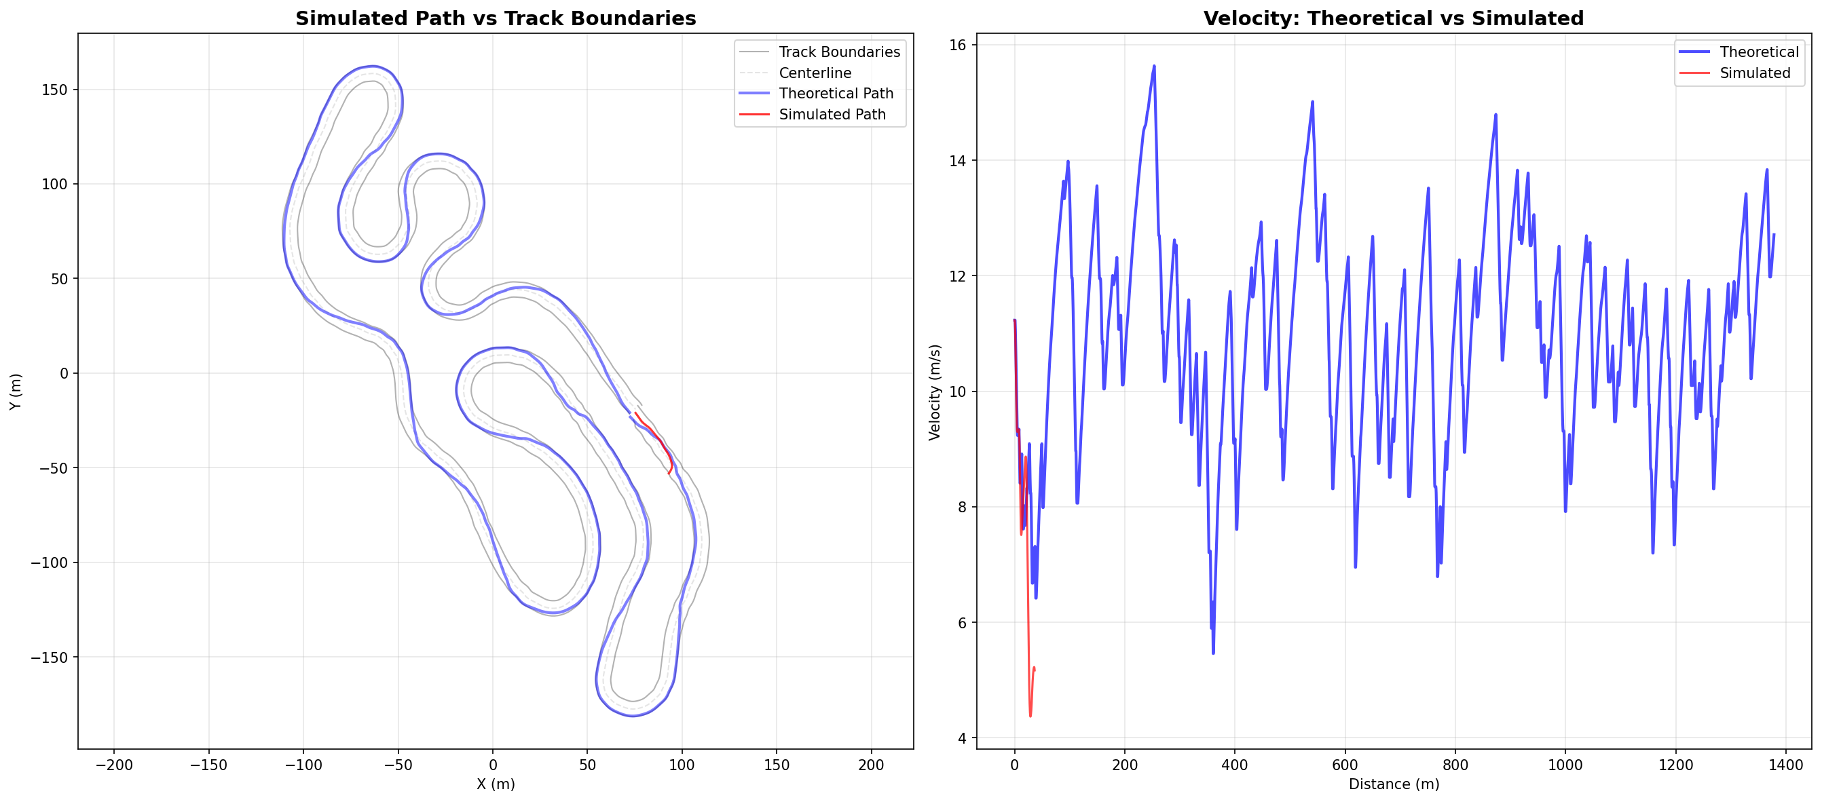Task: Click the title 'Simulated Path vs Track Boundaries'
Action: tap(495, 18)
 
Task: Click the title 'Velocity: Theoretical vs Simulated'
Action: tap(1393, 18)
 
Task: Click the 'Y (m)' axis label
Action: tap(16, 391)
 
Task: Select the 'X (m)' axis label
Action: tap(495, 784)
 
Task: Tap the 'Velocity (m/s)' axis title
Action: tap(935, 392)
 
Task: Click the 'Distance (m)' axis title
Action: tap(1394, 784)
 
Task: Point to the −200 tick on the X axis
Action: tap(114, 765)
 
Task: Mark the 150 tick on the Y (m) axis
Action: tap(54, 90)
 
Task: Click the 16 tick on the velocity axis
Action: tap(956, 45)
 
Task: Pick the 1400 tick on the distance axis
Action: tap(1785, 765)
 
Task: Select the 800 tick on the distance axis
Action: tap(1455, 765)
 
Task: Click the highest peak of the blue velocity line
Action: tap(1153, 66)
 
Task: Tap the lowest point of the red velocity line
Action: tap(1030, 717)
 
